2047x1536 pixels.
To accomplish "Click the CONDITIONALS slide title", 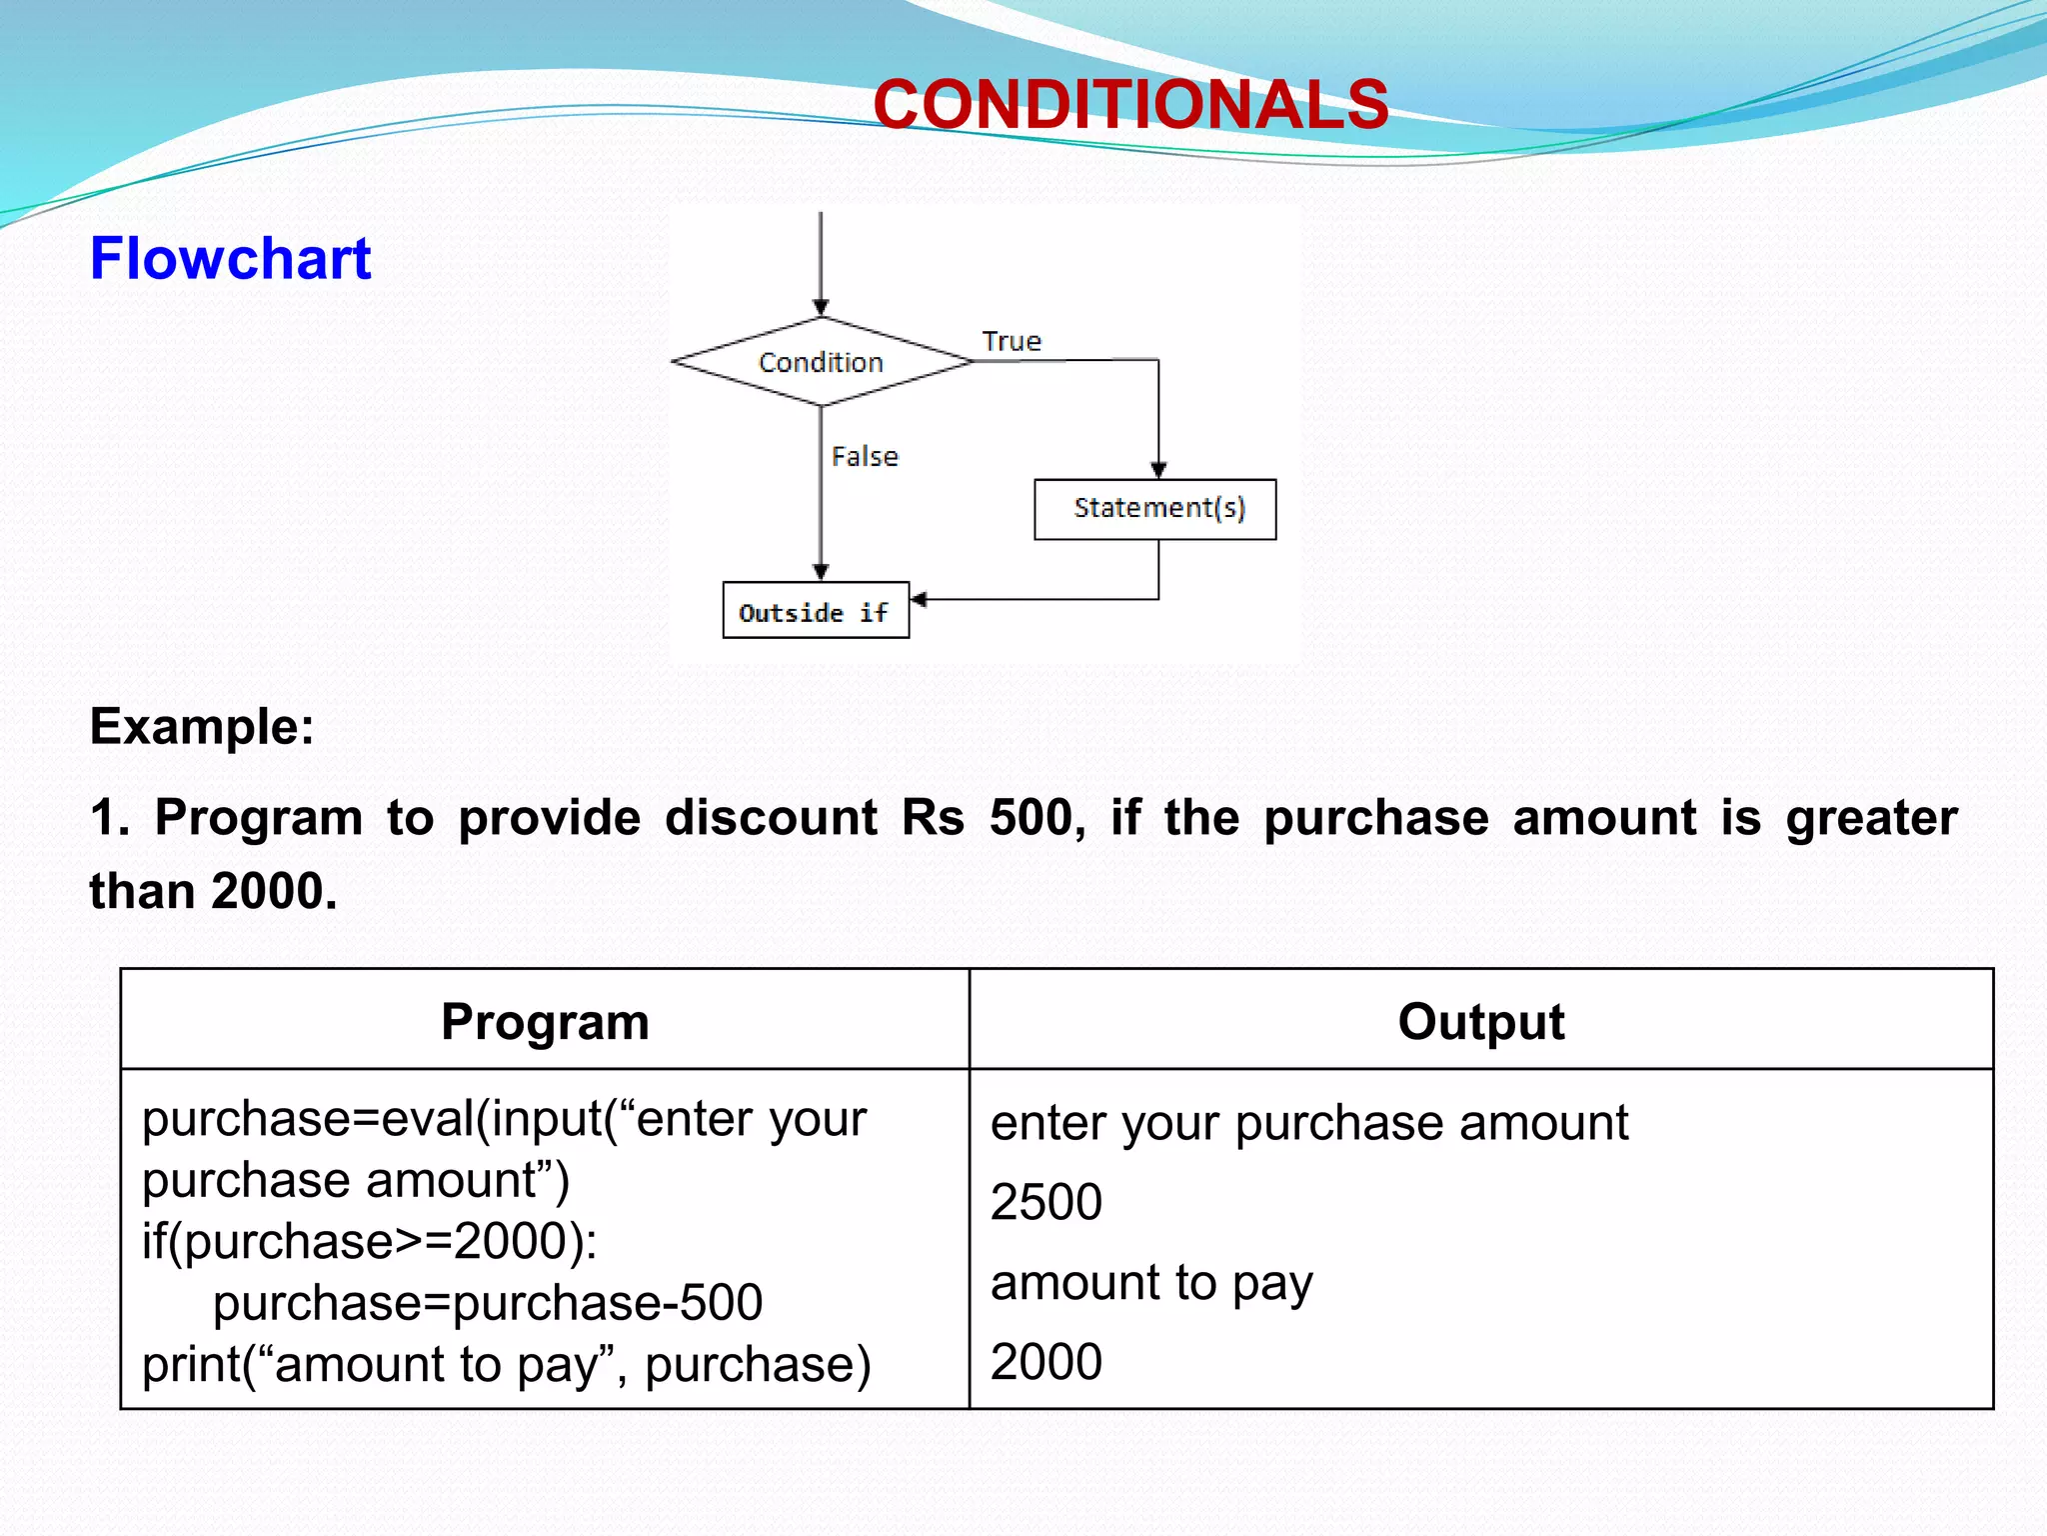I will (1130, 105).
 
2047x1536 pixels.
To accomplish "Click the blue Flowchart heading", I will (231, 259).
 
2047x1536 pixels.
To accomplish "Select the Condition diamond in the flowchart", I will (821, 362).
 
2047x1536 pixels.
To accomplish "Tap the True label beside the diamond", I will (1012, 342).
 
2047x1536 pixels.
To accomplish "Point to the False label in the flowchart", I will (865, 457).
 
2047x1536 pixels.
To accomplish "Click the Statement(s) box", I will (1155, 509).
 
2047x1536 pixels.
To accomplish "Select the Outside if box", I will (816, 611).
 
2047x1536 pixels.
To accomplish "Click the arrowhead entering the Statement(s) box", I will (1158, 470).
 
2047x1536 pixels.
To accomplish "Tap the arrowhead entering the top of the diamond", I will (821, 307).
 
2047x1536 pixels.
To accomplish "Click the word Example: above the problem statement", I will (202, 727).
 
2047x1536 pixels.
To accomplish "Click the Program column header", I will (545, 1022).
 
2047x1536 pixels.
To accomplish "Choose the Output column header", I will (1480, 1022).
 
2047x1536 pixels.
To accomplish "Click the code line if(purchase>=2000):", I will (370, 1242).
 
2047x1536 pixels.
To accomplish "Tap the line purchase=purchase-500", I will (488, 1303).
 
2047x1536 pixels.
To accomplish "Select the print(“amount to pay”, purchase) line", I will (506, 1365).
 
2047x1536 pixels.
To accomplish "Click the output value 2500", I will (1045, 1202).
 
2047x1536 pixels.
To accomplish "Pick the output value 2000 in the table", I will (1045, 1362).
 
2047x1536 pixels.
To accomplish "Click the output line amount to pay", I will (1151, 1283).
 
